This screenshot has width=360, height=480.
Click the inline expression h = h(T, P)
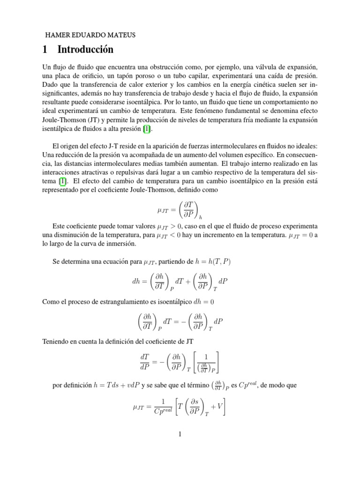coord(207,261)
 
